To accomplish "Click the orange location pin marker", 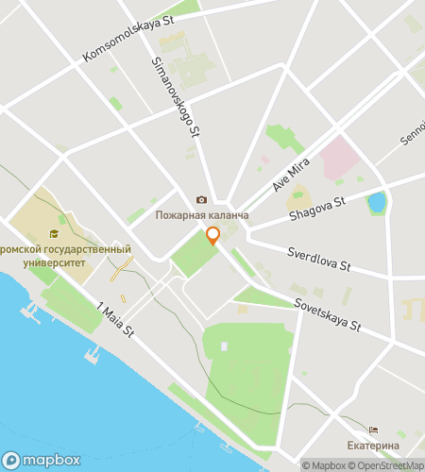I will tap(212, 236).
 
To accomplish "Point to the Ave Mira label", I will tap(292, 172).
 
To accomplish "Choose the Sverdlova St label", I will tap(320, 260).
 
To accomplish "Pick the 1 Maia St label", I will tap(117, 318).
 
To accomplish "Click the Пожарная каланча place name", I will tap(202, 215).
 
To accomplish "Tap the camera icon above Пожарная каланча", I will tap(200, 200).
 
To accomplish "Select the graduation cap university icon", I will tap(55, 233).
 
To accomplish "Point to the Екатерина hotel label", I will tap(372, 445).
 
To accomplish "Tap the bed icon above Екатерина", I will tap(373, 430).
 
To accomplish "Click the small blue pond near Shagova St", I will tap(377, 202).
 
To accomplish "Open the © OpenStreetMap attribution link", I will tap(387, 464).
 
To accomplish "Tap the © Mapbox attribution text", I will tap(325, 464).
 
